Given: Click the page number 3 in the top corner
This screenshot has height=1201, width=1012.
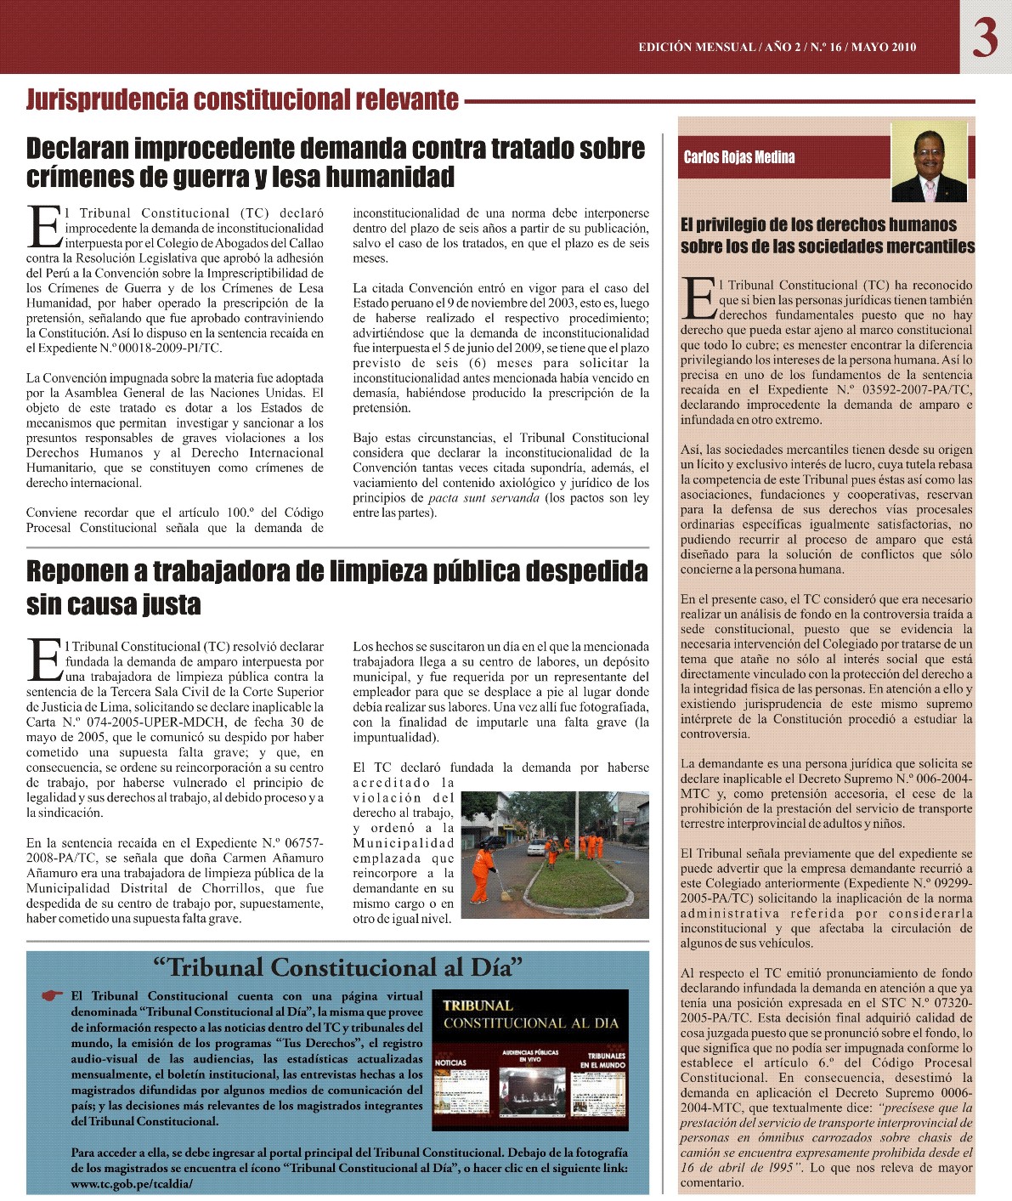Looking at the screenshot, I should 985,37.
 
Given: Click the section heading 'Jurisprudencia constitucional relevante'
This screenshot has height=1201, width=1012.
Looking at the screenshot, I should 242,100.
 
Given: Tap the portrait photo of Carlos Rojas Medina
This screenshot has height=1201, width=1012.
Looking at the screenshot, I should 929,161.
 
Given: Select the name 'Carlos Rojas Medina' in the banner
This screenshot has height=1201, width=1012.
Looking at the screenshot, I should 739,157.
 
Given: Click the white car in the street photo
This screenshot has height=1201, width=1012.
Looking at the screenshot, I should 537,847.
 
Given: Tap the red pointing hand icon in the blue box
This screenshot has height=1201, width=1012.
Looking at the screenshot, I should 53,995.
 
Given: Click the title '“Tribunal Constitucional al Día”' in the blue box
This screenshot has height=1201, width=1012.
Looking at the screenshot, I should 337,967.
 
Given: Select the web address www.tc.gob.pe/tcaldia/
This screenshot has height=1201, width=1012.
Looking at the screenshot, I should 132,1183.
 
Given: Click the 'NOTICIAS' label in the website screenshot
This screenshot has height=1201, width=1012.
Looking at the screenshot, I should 450,1062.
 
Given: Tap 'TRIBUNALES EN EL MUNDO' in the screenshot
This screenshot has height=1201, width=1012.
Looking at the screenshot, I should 607,1060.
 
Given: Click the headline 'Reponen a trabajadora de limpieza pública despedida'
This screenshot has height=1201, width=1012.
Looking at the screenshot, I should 336,571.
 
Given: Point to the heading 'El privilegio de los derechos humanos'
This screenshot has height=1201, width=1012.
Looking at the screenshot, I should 818,225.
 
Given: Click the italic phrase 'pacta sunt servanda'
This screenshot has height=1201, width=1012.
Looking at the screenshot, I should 483,498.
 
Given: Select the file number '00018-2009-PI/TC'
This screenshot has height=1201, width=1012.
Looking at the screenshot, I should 160,348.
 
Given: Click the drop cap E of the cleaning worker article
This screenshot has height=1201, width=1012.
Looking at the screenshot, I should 44,660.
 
